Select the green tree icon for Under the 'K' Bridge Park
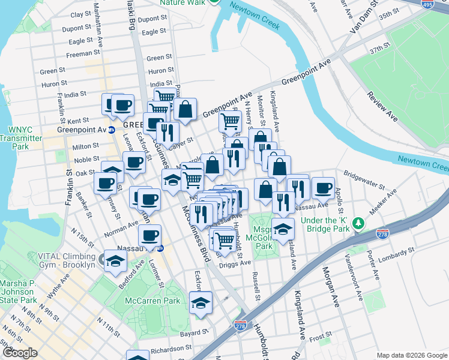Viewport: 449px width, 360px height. coord(358,223)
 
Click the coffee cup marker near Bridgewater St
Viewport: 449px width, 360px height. coord(322,188)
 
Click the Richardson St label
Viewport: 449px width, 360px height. coord(171,347)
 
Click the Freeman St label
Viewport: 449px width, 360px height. coord(79,54)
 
